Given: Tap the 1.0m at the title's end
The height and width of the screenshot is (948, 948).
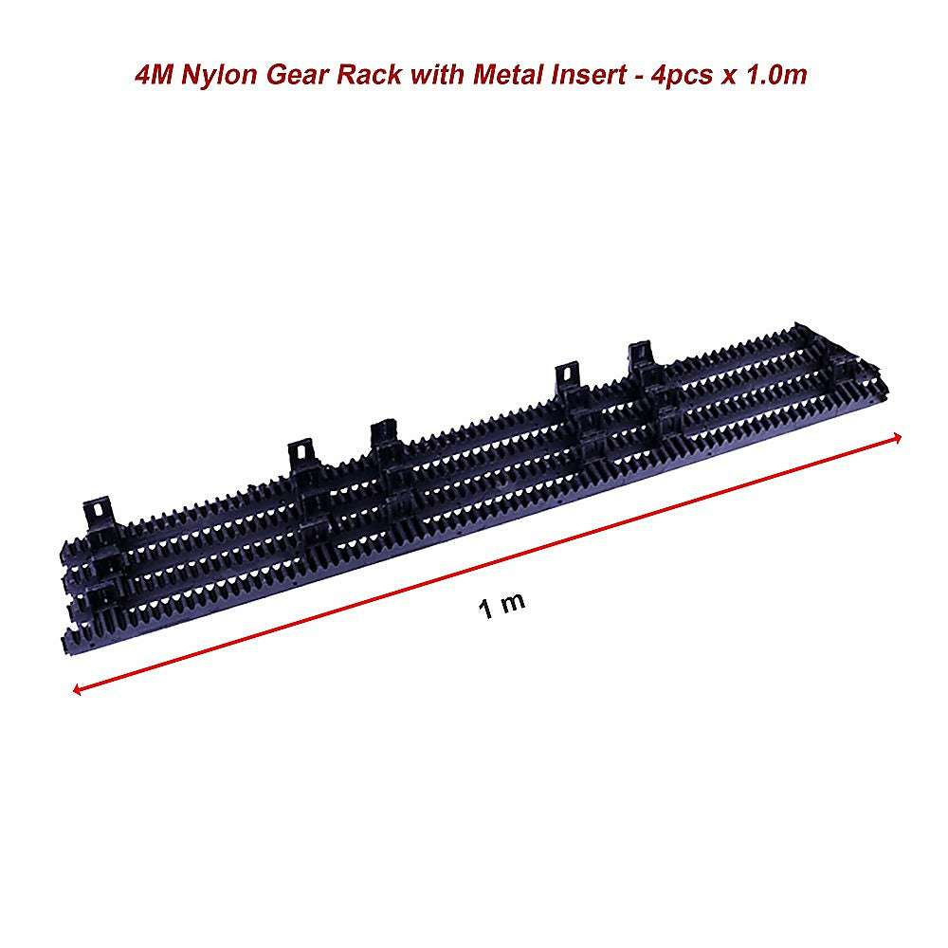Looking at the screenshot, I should coord(775,74).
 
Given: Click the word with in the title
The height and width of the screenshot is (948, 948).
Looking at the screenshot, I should coord(433,74).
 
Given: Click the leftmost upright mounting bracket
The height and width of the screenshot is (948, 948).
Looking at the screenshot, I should coord(99,512).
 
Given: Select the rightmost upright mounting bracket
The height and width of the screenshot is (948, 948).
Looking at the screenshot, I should coord(642,365).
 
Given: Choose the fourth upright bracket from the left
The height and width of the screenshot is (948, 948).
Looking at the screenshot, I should coord(567,379).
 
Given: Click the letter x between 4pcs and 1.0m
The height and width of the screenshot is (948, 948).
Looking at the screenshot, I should coord(728,76).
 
